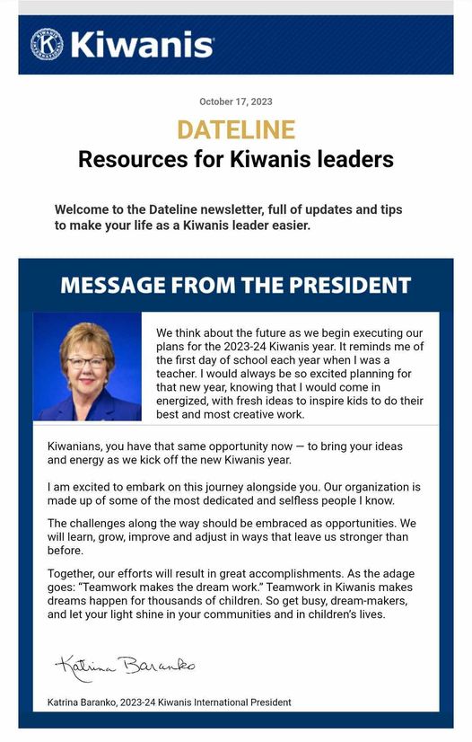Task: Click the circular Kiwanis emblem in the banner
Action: click(x=47, y=44)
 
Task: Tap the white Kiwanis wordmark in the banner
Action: click(x=142, y=44)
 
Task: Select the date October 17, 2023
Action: click(x=235, y=102)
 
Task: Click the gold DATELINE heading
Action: click(x=235, y=129)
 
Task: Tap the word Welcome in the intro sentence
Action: click(x=82, y=209)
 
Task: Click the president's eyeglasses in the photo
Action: click(x=85, y=361)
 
